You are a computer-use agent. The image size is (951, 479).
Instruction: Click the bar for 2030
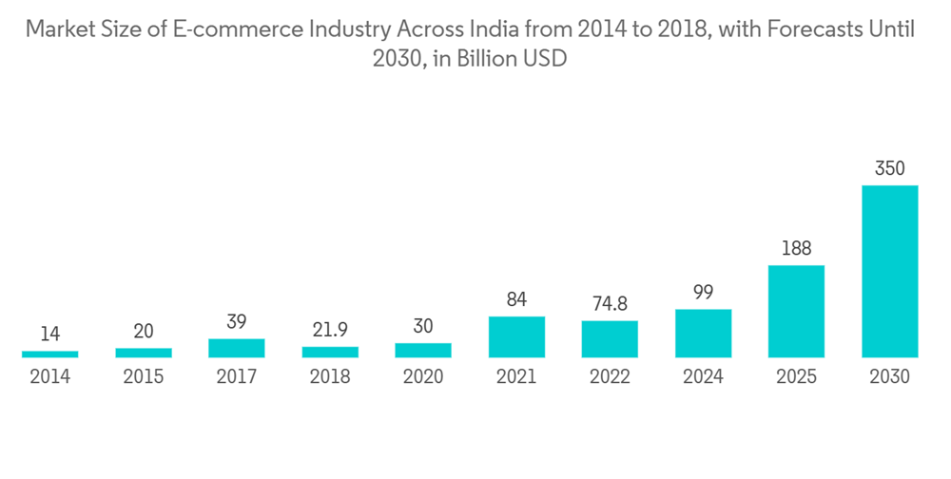[889, 271]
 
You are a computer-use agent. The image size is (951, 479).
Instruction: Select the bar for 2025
[796, 311]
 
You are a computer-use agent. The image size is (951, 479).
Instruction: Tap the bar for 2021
[516, 336]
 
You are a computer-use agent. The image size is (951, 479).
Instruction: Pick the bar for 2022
[610, 338]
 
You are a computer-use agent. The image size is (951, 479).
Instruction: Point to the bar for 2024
[703, 333]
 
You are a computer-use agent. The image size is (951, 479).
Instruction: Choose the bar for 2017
[237, 348]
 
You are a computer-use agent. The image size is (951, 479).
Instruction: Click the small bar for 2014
[50, 354]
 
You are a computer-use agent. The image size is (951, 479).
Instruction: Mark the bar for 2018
[330, 352]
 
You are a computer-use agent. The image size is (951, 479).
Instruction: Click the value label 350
[889, 169]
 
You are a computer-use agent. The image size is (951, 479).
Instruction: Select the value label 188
[796, 249]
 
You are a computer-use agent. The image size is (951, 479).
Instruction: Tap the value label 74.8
[610, 304]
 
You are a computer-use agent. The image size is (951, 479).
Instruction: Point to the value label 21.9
[330, 330]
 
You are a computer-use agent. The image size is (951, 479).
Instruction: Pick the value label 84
[516, 300]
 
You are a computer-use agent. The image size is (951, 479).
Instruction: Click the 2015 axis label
[144, 377]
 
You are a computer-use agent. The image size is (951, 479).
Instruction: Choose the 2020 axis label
[423, 377]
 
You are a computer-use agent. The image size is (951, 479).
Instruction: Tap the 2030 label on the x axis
[889, 377]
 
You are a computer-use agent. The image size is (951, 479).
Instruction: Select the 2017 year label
[237, 377]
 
